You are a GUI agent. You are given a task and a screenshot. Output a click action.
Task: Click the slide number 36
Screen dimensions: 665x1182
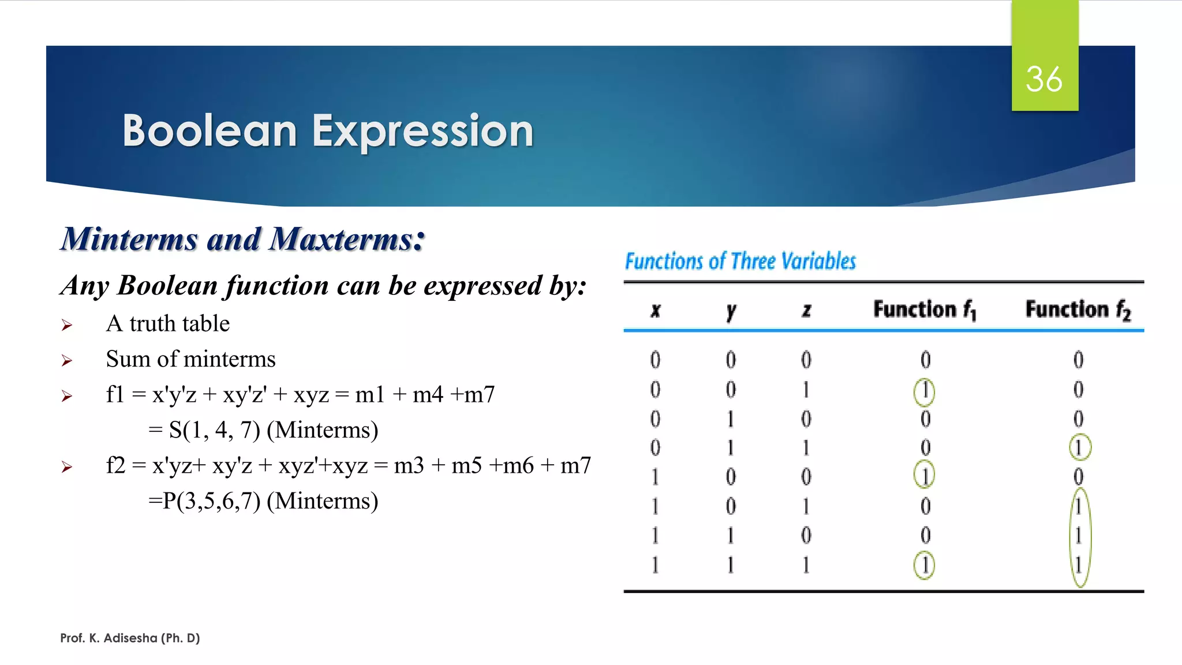tap(1043, 79)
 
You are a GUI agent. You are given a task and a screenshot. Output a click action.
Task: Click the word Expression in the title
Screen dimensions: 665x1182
tap(422, 131)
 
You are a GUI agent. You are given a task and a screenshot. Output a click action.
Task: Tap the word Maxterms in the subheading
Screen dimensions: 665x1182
tap(346, 239)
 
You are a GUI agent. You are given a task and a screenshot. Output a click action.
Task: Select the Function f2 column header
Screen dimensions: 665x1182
tap(1078, 309)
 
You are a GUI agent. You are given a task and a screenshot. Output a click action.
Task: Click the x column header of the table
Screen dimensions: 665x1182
tap(655, 311)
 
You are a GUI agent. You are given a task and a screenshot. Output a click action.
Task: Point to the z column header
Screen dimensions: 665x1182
tap(806, 311)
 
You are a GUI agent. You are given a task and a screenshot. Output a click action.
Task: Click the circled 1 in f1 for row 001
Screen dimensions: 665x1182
tap(924, 391)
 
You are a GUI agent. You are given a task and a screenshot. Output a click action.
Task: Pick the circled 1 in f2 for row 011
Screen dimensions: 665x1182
tap(1079, 447)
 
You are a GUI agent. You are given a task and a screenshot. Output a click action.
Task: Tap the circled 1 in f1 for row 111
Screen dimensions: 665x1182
tap(924, 565)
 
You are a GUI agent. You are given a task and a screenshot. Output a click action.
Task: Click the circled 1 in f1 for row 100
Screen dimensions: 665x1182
tap(924, 476)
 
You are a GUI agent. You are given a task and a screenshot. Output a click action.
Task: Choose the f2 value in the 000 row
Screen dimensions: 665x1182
tap(1078, 360)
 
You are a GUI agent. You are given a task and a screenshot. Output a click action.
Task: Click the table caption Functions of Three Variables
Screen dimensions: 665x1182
tap(740, 261)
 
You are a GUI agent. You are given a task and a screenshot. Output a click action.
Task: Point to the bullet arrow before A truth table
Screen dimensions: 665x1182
tap(67, 326)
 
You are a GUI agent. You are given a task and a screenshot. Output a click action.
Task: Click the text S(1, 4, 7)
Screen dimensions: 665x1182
tap(214, 430)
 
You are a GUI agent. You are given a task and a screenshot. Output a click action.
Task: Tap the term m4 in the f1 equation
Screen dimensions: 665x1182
tap(428, 394)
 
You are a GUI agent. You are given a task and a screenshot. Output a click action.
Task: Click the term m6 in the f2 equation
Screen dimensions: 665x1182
tap(518, 465)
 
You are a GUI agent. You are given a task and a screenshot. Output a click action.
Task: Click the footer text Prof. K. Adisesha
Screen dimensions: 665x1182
tap(130, 638)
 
